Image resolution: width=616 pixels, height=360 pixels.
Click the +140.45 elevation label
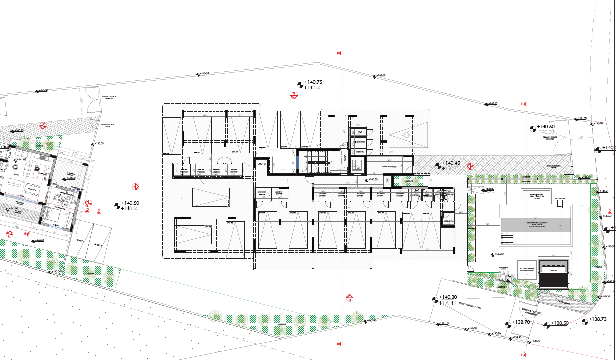[x=451, y=163]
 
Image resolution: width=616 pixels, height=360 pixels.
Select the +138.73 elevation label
[x=598, y=319]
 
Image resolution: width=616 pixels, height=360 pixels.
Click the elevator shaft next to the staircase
[x=357, y=164]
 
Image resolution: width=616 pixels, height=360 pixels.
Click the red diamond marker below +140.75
[x=295, y=95]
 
